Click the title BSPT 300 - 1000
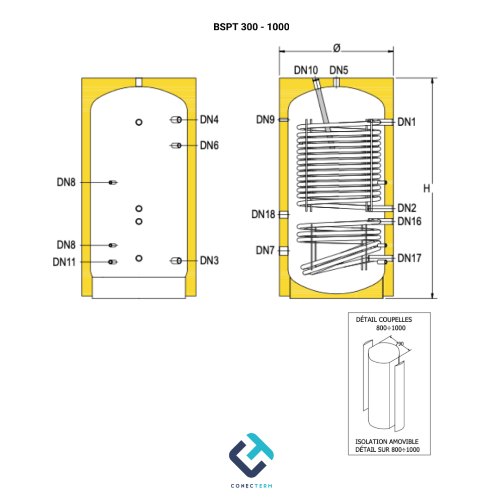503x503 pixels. pos(251,27)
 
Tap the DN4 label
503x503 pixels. pos(209,120)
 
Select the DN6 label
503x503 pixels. pos(209,146)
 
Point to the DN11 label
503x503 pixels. pos(64,262)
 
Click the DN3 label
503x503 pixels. pos(209,261)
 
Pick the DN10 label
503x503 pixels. pos(306,70)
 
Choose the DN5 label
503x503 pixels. pos(339,70)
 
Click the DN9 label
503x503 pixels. pos(265,120)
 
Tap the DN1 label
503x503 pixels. pos(406,122)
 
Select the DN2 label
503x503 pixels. pos(407,208)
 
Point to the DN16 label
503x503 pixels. pos(409,221)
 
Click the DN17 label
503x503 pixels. pos(409,258)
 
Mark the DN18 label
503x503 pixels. pos(263,214)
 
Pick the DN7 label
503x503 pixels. pos(265,250)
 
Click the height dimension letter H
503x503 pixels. pos(427,188)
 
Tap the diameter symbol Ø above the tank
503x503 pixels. pos(337,48)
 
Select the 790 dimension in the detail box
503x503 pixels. pos(399,344)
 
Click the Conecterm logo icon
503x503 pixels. pos(251,455)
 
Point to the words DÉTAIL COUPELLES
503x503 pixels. pos(384,319)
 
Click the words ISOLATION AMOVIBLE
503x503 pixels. pos(386,442)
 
